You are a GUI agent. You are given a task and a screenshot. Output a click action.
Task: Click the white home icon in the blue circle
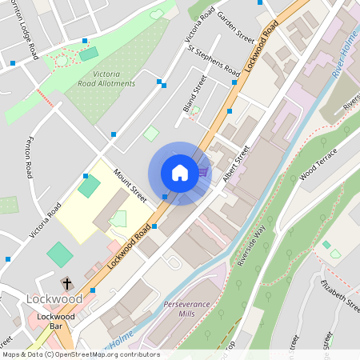tap(180, 173)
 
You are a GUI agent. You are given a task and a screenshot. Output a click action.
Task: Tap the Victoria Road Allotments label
tap(108, 79)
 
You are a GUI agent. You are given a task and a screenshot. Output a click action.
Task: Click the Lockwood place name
tap(54, 298)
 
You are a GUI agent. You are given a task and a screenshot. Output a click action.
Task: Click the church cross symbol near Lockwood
tap(67, 283)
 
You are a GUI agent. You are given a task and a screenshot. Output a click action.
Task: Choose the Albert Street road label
tap(237, 163)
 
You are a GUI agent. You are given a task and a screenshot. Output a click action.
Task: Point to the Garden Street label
tap(235, 28)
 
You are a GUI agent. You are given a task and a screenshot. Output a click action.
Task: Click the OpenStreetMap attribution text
tap(80, 354)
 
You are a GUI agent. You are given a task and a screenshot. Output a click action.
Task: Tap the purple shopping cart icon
tap(203, 170)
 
